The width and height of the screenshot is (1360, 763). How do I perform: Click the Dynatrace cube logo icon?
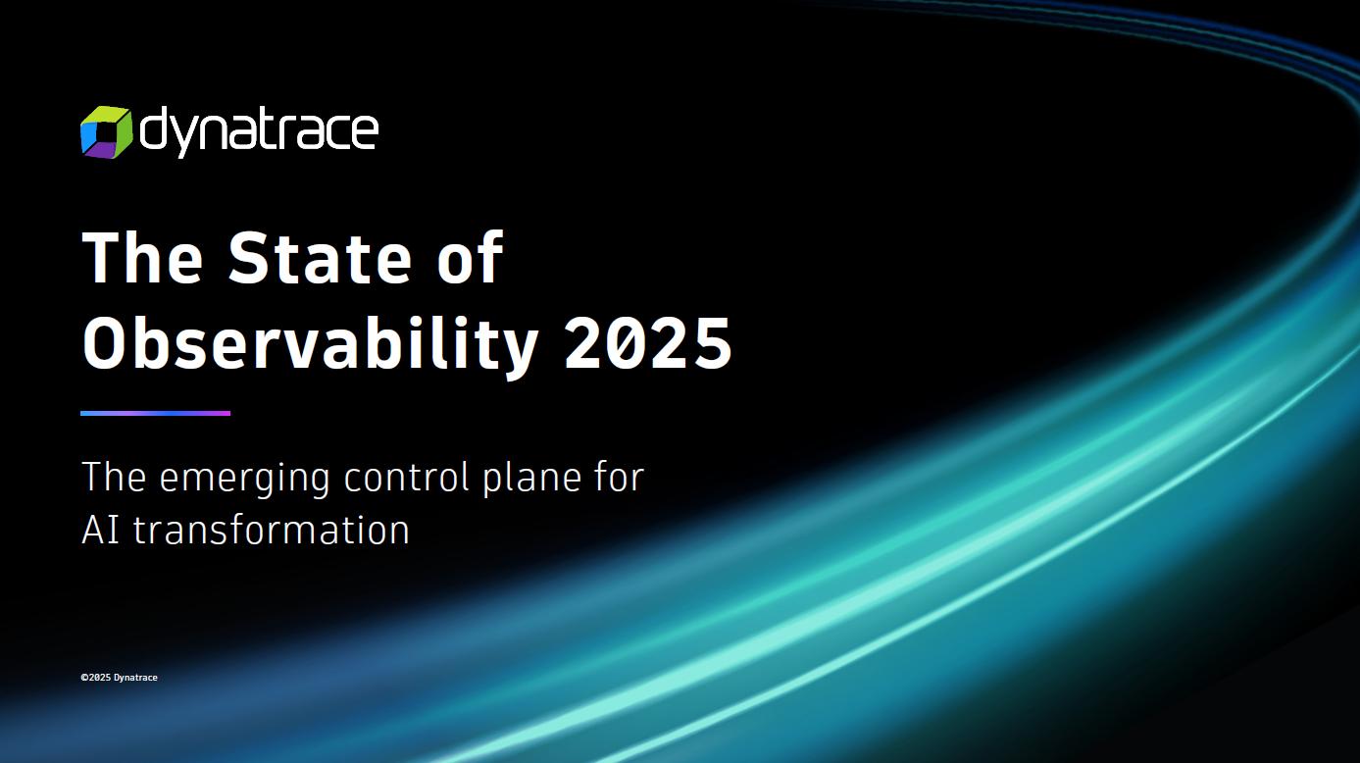tap(106, 131)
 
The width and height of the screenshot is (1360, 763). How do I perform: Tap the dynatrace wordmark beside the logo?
tap(259, 132)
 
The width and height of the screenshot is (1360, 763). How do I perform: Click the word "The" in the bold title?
tap(142, 258)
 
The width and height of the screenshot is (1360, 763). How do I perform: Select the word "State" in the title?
tap(320, 258)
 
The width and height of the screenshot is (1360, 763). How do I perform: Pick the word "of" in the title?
tap(471, 258)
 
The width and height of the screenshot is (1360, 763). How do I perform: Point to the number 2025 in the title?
tap(648, 342)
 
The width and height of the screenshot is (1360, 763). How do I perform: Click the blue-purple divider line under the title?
tap(156, 413)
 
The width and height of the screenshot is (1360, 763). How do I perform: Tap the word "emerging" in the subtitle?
tap(245, 480)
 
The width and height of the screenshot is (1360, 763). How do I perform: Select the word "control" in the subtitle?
tap(407, 477)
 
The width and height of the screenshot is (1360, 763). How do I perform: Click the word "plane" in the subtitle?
tap(531, 480)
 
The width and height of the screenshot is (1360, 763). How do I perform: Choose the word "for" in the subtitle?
tap(619, 477)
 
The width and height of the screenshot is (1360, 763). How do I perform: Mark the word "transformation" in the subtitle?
tap(272, 530)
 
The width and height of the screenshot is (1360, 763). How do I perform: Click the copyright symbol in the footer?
tap(84, 678)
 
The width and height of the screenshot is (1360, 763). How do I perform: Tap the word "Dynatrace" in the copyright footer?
tap(135, 678)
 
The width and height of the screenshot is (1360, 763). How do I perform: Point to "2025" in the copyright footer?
tap(100, 678)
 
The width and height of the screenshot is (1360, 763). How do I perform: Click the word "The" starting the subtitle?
tap(114, 477)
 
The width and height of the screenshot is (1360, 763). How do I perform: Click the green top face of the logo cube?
tap(107, 113)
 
